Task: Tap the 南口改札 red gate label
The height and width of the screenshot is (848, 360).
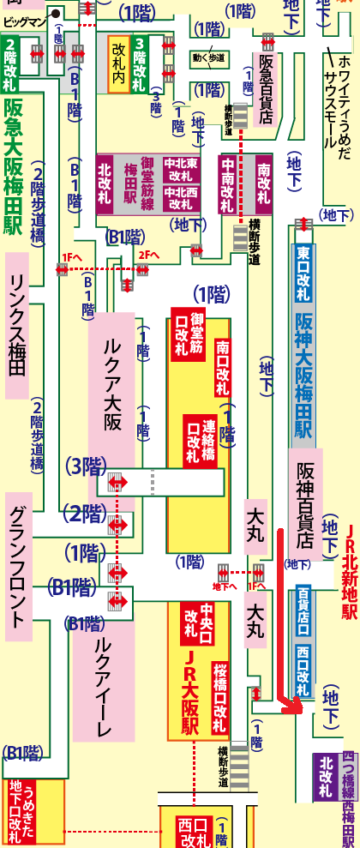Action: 223,364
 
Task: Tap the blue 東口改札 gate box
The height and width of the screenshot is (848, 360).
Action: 303,272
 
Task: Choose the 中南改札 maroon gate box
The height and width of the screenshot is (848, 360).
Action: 228,183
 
